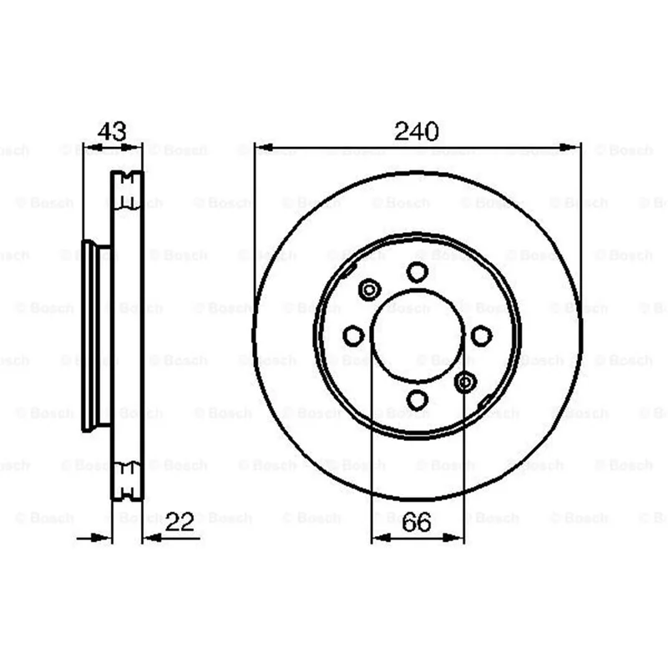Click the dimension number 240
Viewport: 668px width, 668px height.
[x=416, y=131]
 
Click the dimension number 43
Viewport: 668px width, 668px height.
[x=112, y=131]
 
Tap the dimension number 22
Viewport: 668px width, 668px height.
[x=180, y=521]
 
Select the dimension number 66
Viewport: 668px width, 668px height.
[x=416, y=522]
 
